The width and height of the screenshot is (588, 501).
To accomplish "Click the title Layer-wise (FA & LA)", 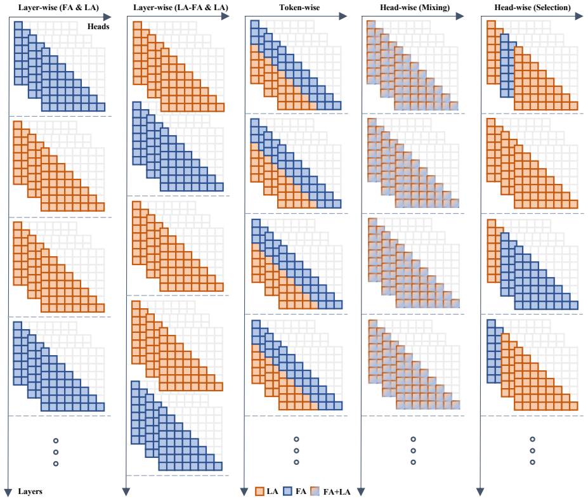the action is point(58,7).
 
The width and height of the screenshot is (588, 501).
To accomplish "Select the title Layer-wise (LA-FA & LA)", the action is point(180,7).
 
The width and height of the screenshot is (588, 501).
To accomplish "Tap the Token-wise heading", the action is point(299,7).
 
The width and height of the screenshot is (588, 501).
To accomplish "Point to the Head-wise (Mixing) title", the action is point(415,7).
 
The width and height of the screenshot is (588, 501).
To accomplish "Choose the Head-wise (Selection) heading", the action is point(533,7).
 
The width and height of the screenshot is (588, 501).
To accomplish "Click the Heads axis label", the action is point(98,27).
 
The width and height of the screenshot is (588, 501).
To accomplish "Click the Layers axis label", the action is point(30,491).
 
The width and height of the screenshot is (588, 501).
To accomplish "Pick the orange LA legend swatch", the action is point(259,491).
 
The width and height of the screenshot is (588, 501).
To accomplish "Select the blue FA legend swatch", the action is point(287,491).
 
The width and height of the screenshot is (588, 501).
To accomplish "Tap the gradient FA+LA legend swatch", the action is point(316,491).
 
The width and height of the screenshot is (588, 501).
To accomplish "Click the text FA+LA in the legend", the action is point(337,491).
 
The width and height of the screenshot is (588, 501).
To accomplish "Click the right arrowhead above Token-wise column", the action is point(343,16).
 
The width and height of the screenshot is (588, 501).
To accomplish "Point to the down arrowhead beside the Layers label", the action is point(8,492).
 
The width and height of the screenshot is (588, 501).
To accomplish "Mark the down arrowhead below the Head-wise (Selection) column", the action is point(480,492).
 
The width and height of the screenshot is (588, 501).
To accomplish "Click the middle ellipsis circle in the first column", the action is point(56,452).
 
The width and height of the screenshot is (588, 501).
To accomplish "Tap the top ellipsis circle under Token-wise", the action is point(296,439).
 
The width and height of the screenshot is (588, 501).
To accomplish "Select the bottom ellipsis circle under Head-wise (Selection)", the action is point(533,462).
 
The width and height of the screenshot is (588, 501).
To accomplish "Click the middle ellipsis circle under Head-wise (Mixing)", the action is point(414,451).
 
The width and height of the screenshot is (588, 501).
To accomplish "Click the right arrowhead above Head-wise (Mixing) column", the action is point(460,16).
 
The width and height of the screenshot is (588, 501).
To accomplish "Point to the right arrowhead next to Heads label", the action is point(107,17).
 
